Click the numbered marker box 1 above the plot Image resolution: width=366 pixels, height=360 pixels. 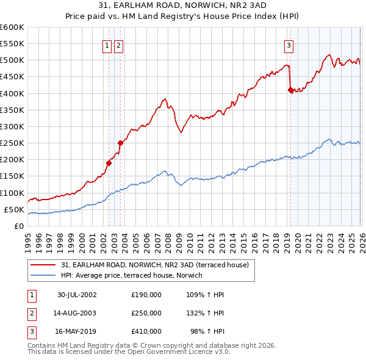click(x=107, y=45)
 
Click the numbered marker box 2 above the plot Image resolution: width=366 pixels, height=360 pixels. click(x=118, y=45)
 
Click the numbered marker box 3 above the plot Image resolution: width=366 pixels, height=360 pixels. click(x=288, y=45)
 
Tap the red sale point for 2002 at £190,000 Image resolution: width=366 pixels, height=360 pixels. click(x=109, y=163)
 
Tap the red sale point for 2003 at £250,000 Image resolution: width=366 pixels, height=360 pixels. click(x=120, y=143)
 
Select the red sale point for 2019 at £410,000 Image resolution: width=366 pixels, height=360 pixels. click(x=290, y=90)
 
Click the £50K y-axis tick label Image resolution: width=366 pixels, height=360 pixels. click(x=13, y=209)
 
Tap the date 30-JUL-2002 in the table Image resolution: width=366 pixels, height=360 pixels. click(x=77, y=295)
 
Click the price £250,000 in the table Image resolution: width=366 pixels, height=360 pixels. click(x=146, y=314)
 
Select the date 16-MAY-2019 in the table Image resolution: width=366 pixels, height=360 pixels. click(x=77, y=333)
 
